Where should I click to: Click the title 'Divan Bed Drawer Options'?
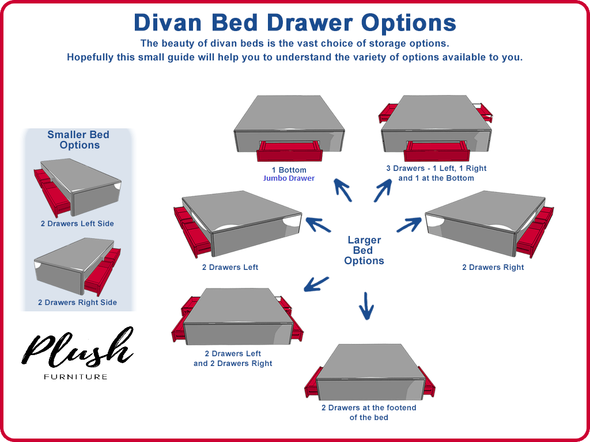click(x=294, y=22)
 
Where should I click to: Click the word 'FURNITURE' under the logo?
click(x=75, y=377)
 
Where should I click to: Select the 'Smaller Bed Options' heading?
click(x=79, y=140)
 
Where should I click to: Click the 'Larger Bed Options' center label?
click(x=364, y=250)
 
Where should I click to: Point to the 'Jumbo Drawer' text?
click(x=289, y=178)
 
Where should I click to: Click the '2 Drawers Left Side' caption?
click(x=77, y=223)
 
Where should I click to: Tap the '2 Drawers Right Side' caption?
click(x=77, y=302)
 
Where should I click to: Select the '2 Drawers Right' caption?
click(x=493, y=267)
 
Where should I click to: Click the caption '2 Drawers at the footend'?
click(x=369, y=407)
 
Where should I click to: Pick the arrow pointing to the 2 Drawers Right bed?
click(x=409, y=224)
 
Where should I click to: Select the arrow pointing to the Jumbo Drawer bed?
click(x=343, y=189)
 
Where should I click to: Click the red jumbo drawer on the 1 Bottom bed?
click(x=289, y=151)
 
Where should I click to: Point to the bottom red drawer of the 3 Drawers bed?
click(x=436, y=151)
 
